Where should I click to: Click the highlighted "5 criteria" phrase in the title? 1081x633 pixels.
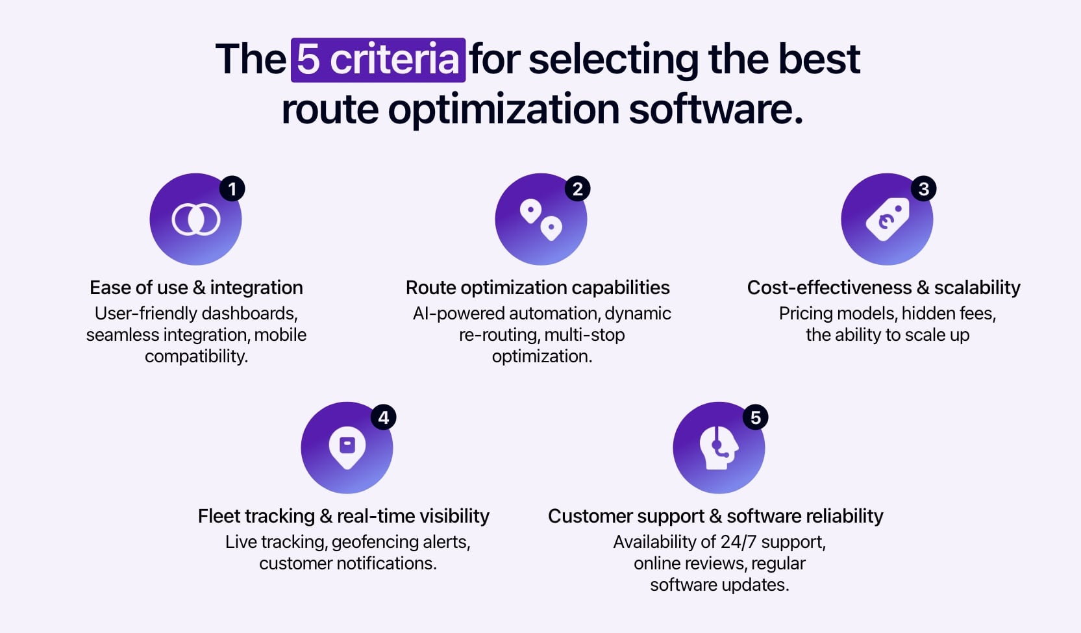378,60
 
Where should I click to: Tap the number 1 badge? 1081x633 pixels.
232,189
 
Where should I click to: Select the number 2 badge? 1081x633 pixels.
577,189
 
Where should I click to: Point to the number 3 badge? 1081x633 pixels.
923,189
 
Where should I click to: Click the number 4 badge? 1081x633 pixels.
383,417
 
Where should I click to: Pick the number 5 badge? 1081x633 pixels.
755,417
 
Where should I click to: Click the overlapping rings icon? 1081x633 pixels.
196,219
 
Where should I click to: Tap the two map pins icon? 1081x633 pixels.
541,219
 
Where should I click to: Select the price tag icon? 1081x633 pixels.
887,219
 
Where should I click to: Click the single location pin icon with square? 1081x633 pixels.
347,447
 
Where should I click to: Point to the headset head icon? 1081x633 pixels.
718,447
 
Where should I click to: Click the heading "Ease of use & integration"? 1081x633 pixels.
196,288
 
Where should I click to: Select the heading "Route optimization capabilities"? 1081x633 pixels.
538,288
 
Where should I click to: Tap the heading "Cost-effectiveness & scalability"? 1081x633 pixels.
884,288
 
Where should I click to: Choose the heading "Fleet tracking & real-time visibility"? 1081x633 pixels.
343,516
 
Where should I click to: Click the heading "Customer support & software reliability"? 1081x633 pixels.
715,516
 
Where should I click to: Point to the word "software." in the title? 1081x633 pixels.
715,109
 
